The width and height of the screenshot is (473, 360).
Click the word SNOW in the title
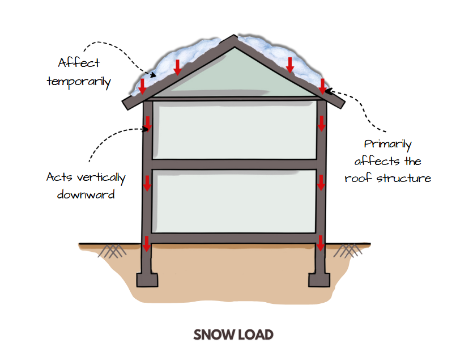tap(214, 335)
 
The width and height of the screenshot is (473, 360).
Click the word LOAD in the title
tap(255, 335)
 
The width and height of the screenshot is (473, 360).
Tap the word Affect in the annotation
tap(79, 62)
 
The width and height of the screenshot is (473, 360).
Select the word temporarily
tap(79, 82)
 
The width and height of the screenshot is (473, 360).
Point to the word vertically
tap(101, 177)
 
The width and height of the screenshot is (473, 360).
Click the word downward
tap(86, 194)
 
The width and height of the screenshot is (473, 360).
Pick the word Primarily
tap(387, 145)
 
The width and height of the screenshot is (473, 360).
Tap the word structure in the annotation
tap(404, 178)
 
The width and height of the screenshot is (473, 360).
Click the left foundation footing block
tap(147, 280)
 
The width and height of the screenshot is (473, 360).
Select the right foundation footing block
tap(319, 280)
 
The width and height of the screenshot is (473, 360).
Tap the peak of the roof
tap(234, 36)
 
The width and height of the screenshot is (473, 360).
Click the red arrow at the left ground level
tap(146, 244)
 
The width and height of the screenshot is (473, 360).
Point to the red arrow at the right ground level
tap(321, 243)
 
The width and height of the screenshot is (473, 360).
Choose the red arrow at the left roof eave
tap(142, 86)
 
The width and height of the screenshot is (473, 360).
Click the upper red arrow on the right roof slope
tap(290, 65)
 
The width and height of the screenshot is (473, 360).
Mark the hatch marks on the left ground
tap(112, 251)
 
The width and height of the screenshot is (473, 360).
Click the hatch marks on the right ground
tap(347, 251)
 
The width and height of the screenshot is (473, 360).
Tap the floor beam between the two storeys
tap(235, 164)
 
